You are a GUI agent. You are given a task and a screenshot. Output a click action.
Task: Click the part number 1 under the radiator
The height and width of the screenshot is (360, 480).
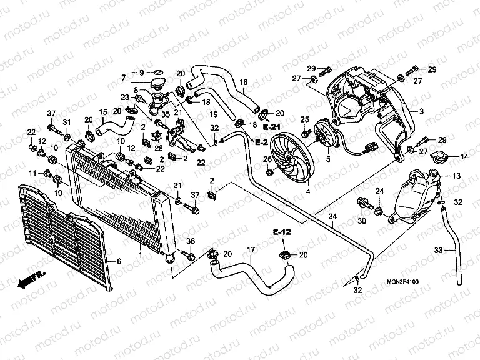(141, 256)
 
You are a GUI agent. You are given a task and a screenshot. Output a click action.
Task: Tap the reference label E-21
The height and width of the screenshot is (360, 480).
(270, 127)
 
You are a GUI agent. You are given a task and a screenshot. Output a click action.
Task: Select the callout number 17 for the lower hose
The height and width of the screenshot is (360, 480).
(251, 250)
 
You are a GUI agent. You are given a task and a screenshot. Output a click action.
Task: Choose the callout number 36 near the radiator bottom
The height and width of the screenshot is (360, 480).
(191, 241)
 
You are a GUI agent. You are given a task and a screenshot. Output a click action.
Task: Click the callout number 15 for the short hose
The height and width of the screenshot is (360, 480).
(103, 111)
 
